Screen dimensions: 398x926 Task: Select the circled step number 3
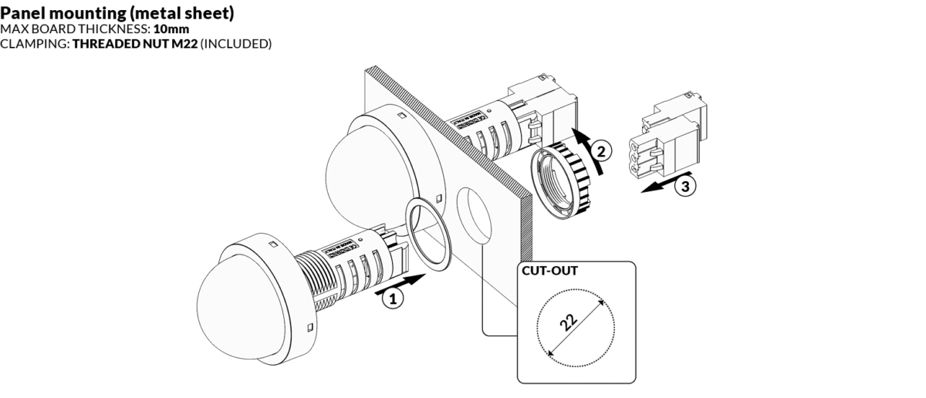pyautogui.click(x=682, y=185)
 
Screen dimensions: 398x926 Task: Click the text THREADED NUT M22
pyautogui.click(x=134, y=44)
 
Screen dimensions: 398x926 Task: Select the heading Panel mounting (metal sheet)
pyautogui.click(x=118, y=13)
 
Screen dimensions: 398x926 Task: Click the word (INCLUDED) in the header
pyautogui.click(x=235, y=44)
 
